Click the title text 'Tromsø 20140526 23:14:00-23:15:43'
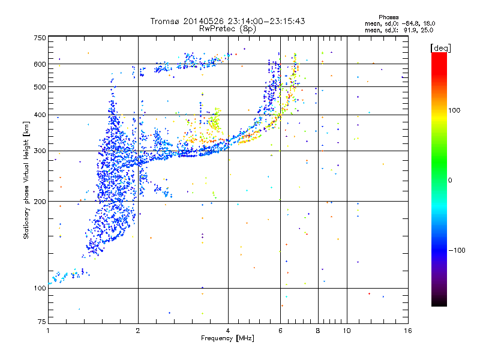tap(227, 21)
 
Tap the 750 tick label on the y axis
tap(40, 37)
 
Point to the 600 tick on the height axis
tap(40, 64)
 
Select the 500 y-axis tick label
tap(40, 86)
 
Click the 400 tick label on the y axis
tap(40, 115)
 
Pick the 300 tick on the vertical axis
tap(40, 151)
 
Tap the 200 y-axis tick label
tap(40, 201)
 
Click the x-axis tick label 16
tap(407, 331)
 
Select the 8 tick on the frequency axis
tap(318, 331)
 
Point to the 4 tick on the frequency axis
tap(228, 331)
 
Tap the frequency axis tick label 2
tap(138, 331)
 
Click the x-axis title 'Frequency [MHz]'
tap(227, 339)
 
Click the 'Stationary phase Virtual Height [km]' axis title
tap(26, 180)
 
